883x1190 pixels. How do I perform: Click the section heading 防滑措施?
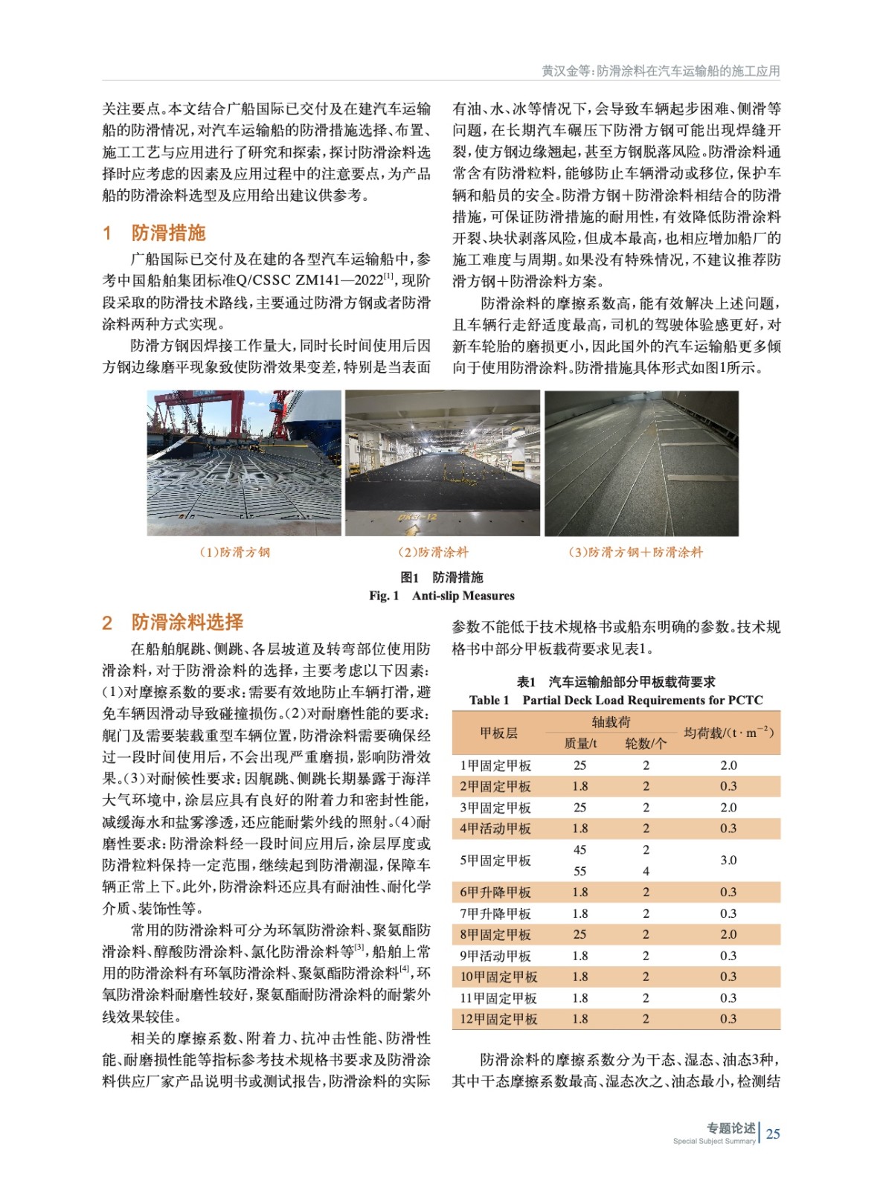click(x=168, y=233)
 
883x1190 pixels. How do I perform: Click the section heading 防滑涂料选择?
click(x=187, y=622)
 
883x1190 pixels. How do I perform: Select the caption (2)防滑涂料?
click(x=433, y=552)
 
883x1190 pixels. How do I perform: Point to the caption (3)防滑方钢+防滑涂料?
click(x=635, y=552)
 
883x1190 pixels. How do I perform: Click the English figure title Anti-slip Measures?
click(x=463, y=596)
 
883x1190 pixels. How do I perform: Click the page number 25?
click(x=774, y=1133)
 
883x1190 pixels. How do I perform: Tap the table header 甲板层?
click(x=498, y=733)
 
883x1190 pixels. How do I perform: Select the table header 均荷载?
click(x=728, y=733)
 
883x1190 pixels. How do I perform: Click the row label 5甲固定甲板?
click(x=495, y=861)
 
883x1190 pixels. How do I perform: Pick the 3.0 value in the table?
click(x=728, y=861)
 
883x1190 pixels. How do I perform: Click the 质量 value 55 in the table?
click(x=580, y=871)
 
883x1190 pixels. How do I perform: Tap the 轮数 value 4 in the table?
click(x=646, y=871)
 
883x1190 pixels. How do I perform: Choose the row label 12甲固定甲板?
click(x=498, y=1019)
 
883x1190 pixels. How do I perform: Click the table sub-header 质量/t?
click(x=580, y=744)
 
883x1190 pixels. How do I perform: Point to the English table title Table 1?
click(x=489, y=700)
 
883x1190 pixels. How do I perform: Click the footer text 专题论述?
click(x=731, y=1128)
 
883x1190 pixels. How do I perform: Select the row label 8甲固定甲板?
click(x=495, y=934)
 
